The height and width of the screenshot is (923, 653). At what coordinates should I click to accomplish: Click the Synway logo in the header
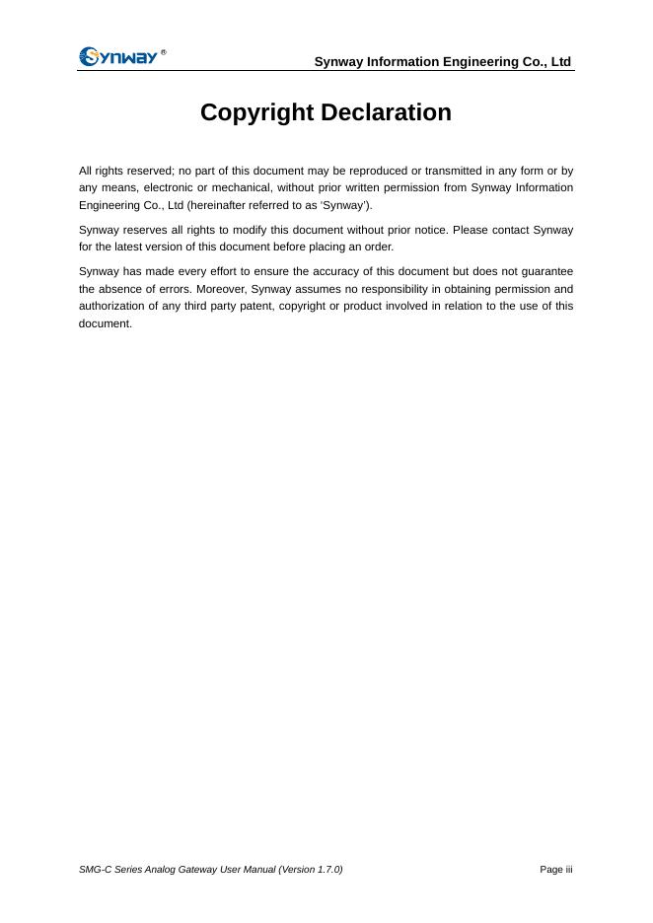118,56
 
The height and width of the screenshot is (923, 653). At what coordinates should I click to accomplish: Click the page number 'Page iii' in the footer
555,870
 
